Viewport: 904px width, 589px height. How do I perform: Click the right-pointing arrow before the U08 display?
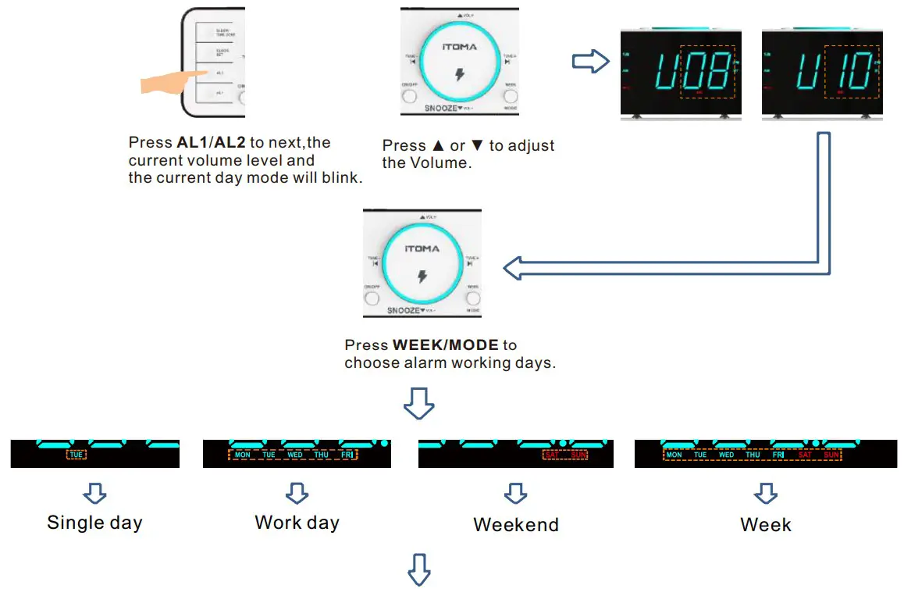point(590,62)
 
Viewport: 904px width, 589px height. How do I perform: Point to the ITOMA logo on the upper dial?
point(459,47)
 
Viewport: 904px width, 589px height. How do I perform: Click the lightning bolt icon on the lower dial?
point(422,277)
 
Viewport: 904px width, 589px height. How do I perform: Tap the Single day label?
point(94,523)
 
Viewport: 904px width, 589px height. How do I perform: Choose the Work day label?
point(297,523)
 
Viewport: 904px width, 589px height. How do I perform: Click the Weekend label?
point(516,525)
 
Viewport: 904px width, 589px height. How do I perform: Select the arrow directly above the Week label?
point(766,493)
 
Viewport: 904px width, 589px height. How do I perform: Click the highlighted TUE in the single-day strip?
point(76,455)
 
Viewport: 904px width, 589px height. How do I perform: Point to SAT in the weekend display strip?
point(553,455)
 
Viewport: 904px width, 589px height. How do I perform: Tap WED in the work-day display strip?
point(295,455)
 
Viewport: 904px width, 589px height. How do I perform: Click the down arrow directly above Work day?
point(297,493)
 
